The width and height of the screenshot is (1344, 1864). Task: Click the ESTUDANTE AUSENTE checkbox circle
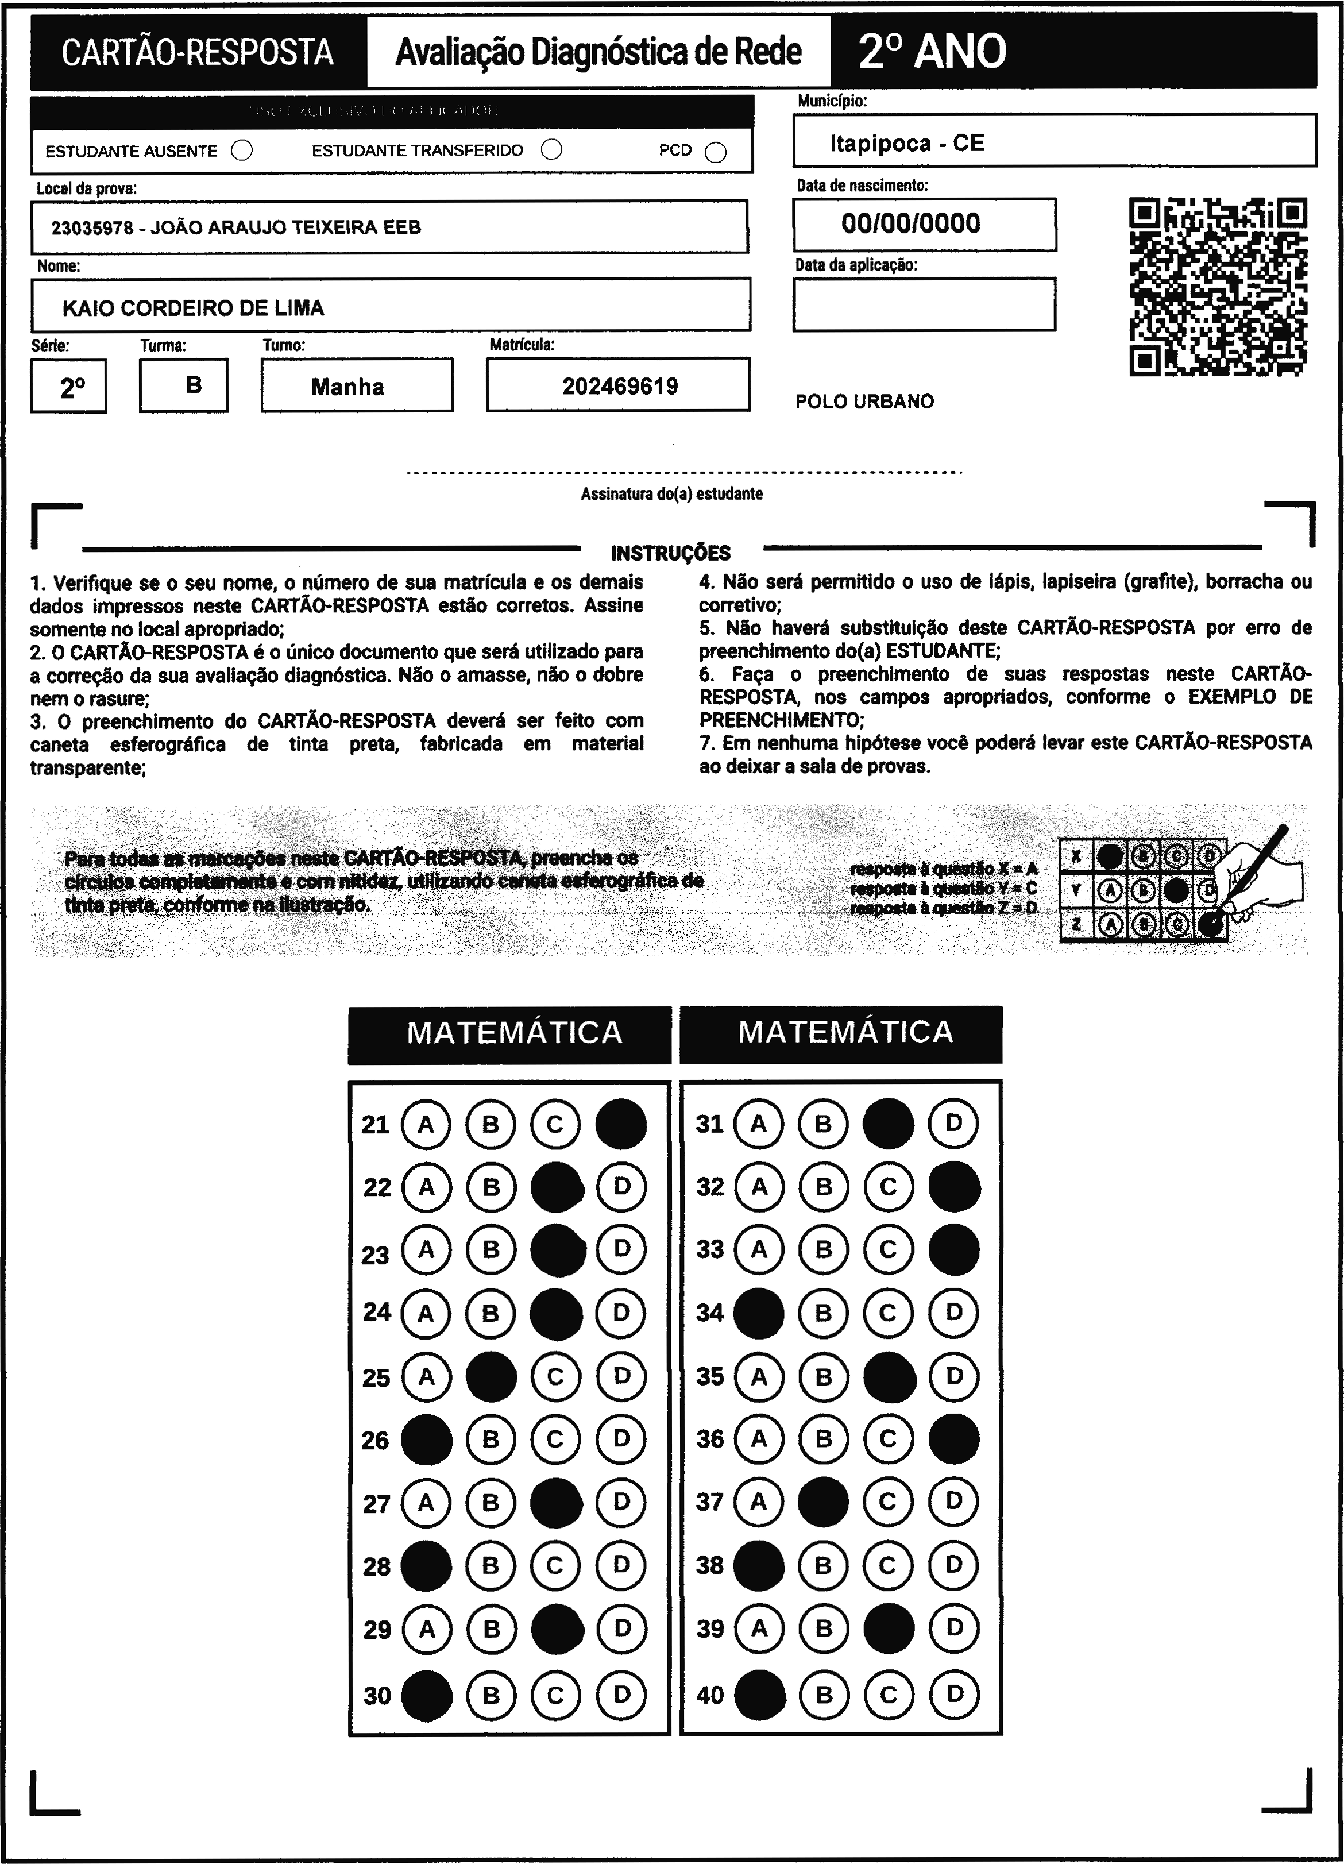pos(242,151)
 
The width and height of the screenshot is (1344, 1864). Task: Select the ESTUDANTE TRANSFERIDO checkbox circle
pos(551,149)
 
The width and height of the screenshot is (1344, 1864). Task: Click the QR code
pos(1218,286)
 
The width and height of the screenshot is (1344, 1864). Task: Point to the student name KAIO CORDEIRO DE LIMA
pos(193,308)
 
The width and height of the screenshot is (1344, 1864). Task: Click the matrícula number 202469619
pos(620,386)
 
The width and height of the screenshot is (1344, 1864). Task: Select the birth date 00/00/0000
pos(911,223)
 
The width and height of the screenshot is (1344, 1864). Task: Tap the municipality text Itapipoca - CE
pos(907,144)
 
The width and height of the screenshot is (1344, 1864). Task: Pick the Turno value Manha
pos(347,387)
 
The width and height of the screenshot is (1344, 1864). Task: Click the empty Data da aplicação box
pos(924,304)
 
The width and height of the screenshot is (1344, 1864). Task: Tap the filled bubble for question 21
pos(621,1124)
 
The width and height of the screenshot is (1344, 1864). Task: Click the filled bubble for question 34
pos(758,1313)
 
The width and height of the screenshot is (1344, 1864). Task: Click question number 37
pos(709,1502)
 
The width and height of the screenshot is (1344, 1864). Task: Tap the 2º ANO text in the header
pos(932,52)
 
